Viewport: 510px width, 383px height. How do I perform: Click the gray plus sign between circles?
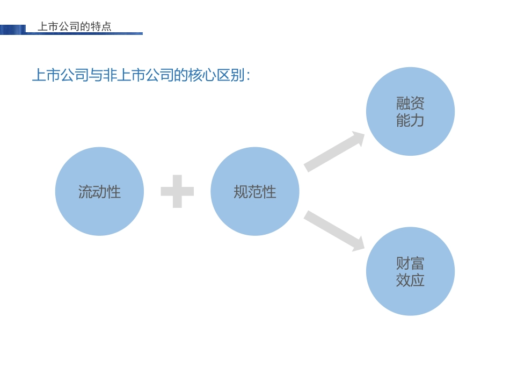[x=177, y=191]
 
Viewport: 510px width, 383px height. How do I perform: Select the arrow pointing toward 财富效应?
[x=334, y=231]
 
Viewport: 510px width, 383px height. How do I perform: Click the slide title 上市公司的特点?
[x=75, y=26]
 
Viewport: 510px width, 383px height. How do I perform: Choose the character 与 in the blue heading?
[x=95, y=76]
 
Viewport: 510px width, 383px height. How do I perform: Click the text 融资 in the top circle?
[x=410, y=103]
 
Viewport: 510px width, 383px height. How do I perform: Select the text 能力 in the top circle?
[x=410, y=120]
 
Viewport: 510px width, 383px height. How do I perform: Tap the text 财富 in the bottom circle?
[x=410, y=263]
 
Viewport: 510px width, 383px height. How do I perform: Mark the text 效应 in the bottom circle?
[x=410, y=280]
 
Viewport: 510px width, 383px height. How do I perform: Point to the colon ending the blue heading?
[x=247, y=77]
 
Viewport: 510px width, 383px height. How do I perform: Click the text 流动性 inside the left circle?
[x=99, y=192]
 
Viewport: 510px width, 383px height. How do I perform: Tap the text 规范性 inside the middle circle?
[x=254, y=192]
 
